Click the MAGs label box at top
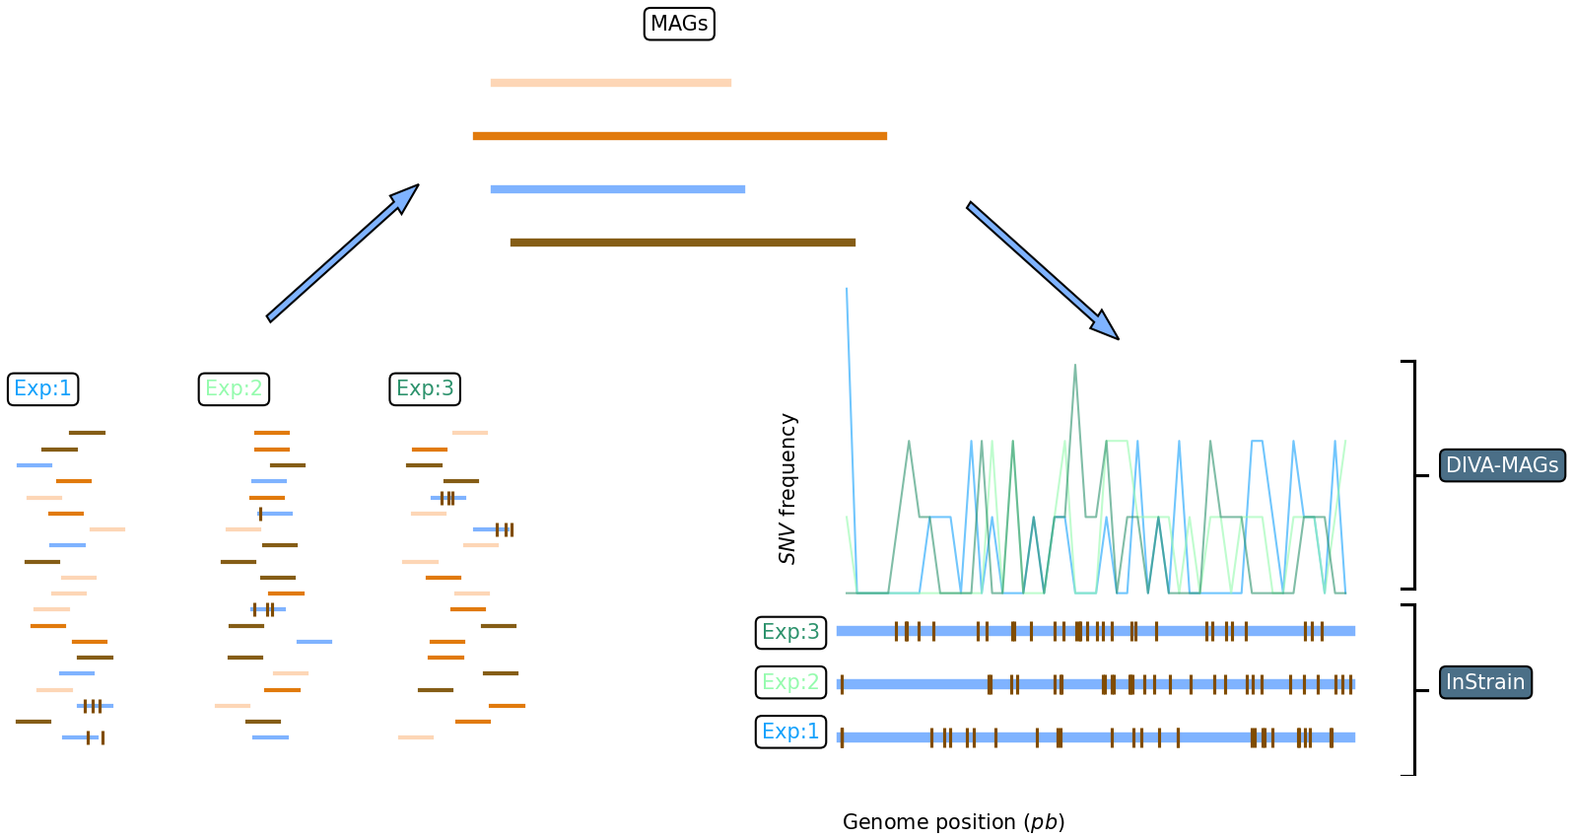[x=679, y=24]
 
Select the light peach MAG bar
[x=611, y=83]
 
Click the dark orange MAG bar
[x=680, y=136]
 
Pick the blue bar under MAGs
[x=618, y=189]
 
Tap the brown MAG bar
[x=683, y=243]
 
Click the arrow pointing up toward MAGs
[x=342, y=253]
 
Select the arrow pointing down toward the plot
[x=1042, y=270]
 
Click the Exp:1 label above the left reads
[x=42, y=389]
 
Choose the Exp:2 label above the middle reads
[x=234, y=389]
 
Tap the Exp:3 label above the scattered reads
[x=425, y=389]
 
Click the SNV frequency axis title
[x=787, y=489]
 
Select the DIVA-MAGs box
[x=1502, y=465]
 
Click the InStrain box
[x=1485, y=682]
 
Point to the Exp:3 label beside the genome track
[x=790, y=632]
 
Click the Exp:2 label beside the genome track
[x=790, y=682]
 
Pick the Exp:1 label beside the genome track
[x=790, y=732]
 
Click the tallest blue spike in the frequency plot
[x=848, y=296]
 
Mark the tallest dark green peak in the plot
[x=1075, y=367]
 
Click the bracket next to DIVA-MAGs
[x=1414, y=475]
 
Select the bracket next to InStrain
[x=1414, y=690]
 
